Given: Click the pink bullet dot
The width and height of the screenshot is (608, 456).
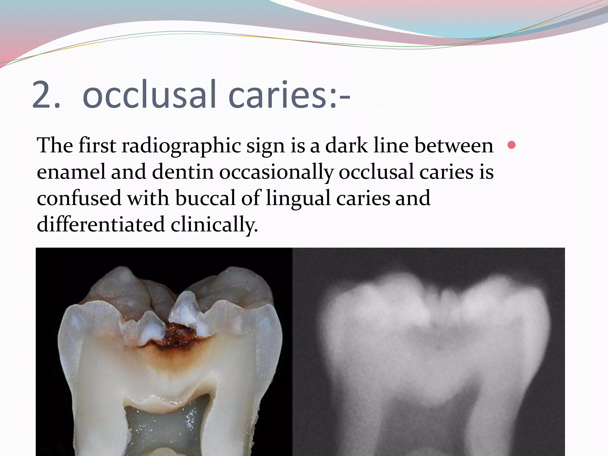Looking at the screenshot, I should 512,145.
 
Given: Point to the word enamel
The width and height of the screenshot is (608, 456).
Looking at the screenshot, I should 71,172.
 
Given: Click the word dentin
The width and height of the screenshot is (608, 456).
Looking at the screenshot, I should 183,172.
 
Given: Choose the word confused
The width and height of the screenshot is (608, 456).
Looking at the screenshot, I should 79,198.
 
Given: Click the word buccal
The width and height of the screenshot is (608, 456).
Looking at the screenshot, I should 205,198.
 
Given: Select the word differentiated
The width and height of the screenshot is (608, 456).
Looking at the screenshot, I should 101,224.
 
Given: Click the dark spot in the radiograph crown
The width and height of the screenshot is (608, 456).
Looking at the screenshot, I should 438,346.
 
